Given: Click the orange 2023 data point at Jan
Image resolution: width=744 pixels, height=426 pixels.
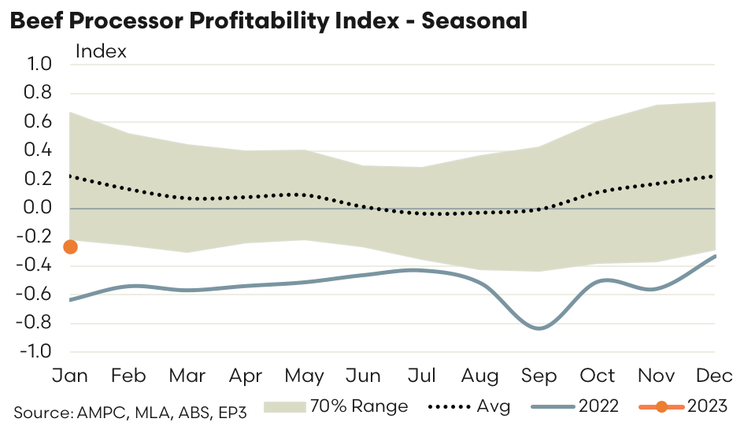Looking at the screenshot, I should [70, 247].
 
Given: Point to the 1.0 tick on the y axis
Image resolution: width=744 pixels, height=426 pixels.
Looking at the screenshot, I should [39, 65].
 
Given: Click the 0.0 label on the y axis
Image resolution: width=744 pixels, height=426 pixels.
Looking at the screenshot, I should [39, 208].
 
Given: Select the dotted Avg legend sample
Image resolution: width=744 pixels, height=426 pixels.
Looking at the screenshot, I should [450, 407].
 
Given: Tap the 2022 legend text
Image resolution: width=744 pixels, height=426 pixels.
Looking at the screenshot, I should [598, 407].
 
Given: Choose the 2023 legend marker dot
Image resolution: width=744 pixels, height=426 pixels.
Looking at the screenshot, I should [661, 407].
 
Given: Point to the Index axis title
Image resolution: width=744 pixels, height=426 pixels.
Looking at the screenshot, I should [101, 52].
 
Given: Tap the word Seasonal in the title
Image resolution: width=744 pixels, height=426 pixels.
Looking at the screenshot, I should [475, 21].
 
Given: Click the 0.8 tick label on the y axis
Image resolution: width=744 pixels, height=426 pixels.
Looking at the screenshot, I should [39, 93].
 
